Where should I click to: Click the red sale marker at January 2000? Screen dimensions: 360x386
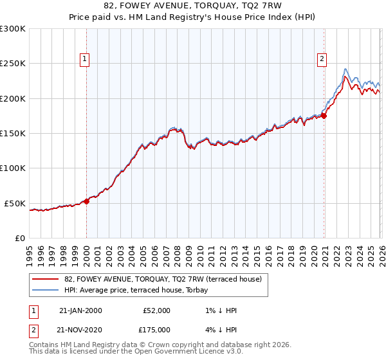87,201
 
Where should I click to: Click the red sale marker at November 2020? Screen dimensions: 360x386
324,116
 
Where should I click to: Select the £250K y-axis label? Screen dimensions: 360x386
13,64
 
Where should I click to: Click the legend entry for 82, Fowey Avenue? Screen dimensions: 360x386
163,280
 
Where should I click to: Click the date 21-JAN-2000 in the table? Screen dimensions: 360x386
80,310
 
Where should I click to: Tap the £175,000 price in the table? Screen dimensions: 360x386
156,328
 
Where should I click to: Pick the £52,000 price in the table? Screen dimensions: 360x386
156,310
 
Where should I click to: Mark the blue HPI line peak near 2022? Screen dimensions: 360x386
346,69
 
